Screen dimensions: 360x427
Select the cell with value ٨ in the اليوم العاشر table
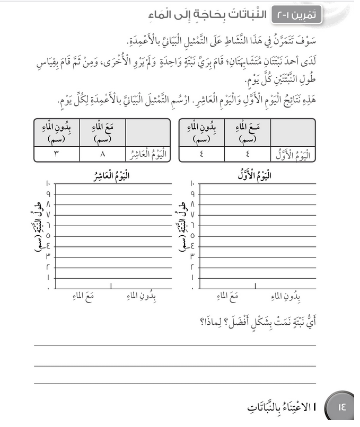click(x=102, y=154)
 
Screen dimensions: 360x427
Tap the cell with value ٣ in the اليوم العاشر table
click(x=56, y=154)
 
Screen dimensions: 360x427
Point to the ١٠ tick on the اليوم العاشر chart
click(x=48, y=184)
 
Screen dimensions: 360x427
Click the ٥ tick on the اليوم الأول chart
click(x=192, y=235)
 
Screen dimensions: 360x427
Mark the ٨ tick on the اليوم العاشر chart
click(x=48, y=204)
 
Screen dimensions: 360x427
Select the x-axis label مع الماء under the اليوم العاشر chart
click(x=83, y=296)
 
